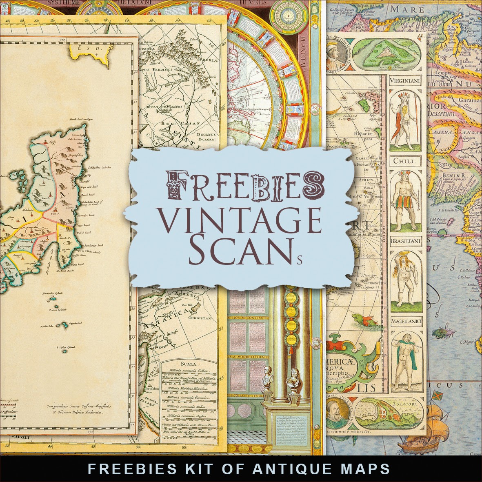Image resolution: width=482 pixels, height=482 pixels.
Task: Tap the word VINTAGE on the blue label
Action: [243, 221]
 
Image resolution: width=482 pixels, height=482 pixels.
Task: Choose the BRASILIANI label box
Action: [404, 241]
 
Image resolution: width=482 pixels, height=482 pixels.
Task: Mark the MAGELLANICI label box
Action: [404, 322]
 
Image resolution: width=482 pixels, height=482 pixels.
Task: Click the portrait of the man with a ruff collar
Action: [338, 413]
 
